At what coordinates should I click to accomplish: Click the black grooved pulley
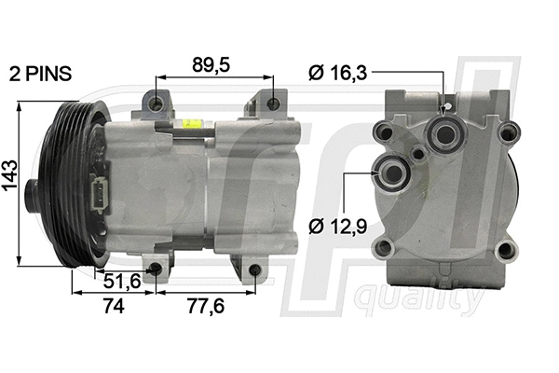point(67,183)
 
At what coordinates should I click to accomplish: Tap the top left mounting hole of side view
point(156,102)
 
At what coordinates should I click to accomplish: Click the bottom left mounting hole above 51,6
point(155,269)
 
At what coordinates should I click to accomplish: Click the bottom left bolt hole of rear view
point(381,249)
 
